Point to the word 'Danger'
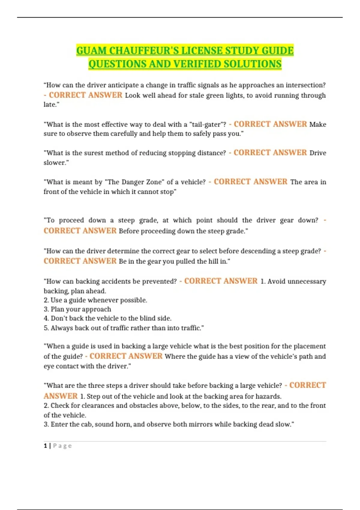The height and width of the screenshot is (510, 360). tap(125, 182)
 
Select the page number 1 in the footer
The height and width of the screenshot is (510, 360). tap(45, 446)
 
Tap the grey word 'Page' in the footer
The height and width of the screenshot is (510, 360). tap(62, 446)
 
